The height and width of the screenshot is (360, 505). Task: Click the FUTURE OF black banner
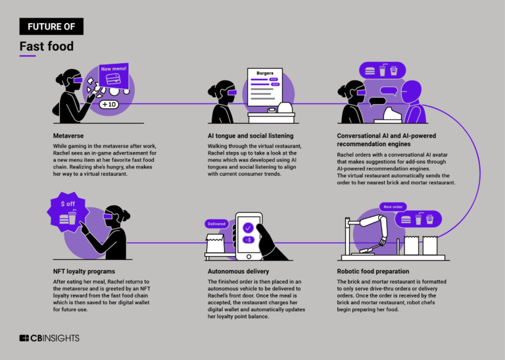(x=51, y=26)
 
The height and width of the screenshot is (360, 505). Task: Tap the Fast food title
(x=46, y=47)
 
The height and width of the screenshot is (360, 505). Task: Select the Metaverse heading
(x=68, y=135)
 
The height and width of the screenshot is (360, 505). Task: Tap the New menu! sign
(x=114, y=70)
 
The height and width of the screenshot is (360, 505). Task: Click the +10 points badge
(x=108, y=104)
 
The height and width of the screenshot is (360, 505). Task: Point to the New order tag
(x=393, y=205)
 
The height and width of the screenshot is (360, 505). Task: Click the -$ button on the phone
(x=248, y=240)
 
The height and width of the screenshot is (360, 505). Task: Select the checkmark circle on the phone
(x=248, y=227)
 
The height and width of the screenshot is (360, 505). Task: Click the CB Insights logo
(x=49, y=338)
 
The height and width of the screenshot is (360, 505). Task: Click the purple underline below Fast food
(x=28, y=56)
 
